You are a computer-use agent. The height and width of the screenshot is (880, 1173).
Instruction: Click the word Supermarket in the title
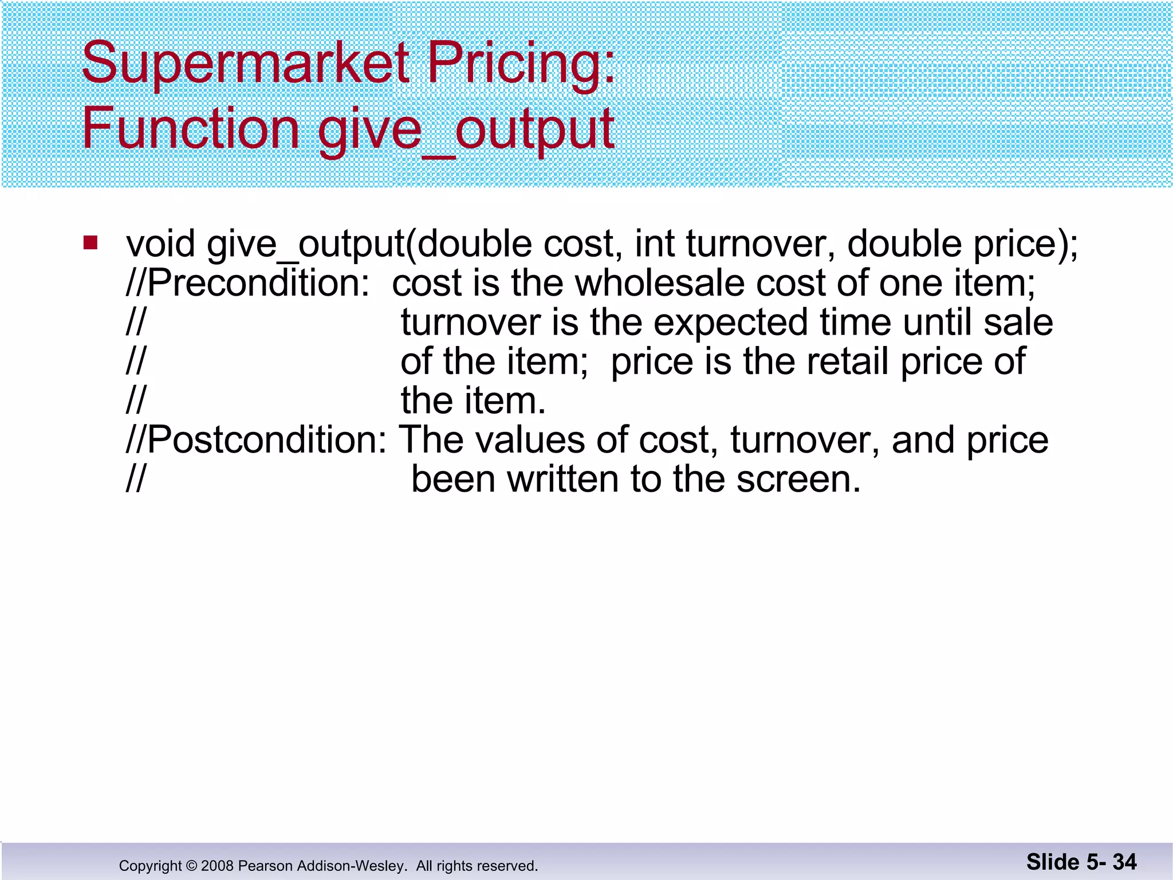246,63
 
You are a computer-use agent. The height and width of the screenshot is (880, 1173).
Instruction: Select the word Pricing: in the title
521,63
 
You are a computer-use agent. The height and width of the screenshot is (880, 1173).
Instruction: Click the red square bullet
90,243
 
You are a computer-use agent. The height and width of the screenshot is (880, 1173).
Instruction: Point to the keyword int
654,244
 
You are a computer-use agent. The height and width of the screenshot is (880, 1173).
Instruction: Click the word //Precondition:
248,283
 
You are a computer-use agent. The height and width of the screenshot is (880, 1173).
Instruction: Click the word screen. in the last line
798,479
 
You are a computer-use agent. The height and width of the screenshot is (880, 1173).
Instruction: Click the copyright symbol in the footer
191,866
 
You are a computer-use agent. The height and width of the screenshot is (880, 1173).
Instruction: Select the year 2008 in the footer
217,866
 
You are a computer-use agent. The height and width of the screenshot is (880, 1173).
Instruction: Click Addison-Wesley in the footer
350,866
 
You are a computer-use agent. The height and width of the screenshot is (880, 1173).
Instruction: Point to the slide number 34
1124,862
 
